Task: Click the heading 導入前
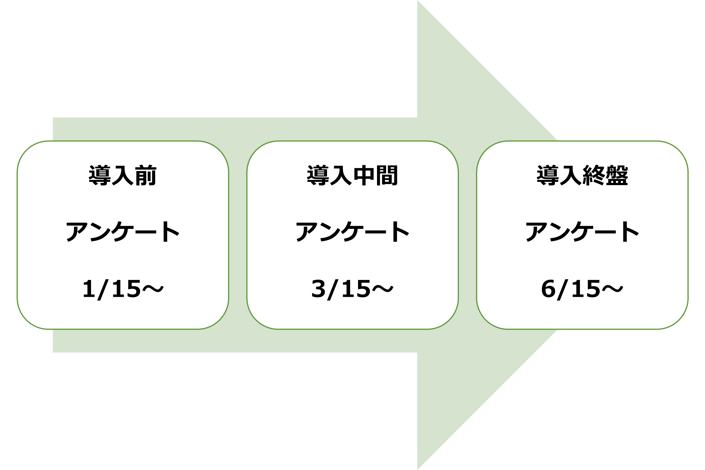(x=123, y=175)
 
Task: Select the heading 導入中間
(x=352, y=175)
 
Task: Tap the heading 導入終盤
(x=582, y=175)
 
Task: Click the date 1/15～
(x=123, y=289)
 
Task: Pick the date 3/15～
(x=352, y=289)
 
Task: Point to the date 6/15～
(x=582, y=289)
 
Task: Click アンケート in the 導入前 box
(x=123, y=232)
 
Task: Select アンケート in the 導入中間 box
(x=352, y=232)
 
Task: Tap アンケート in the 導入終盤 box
(x=582, y=232)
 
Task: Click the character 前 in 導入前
(x=146, y=175)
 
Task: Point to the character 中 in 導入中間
(x=364, y=175)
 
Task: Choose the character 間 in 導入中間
(x=387, y=175)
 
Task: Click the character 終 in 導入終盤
(x=594, y=175)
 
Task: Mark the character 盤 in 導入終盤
(x=617, y=175)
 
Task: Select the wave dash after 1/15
(x=153, y=289)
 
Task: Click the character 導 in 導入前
(x=100, y=175)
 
